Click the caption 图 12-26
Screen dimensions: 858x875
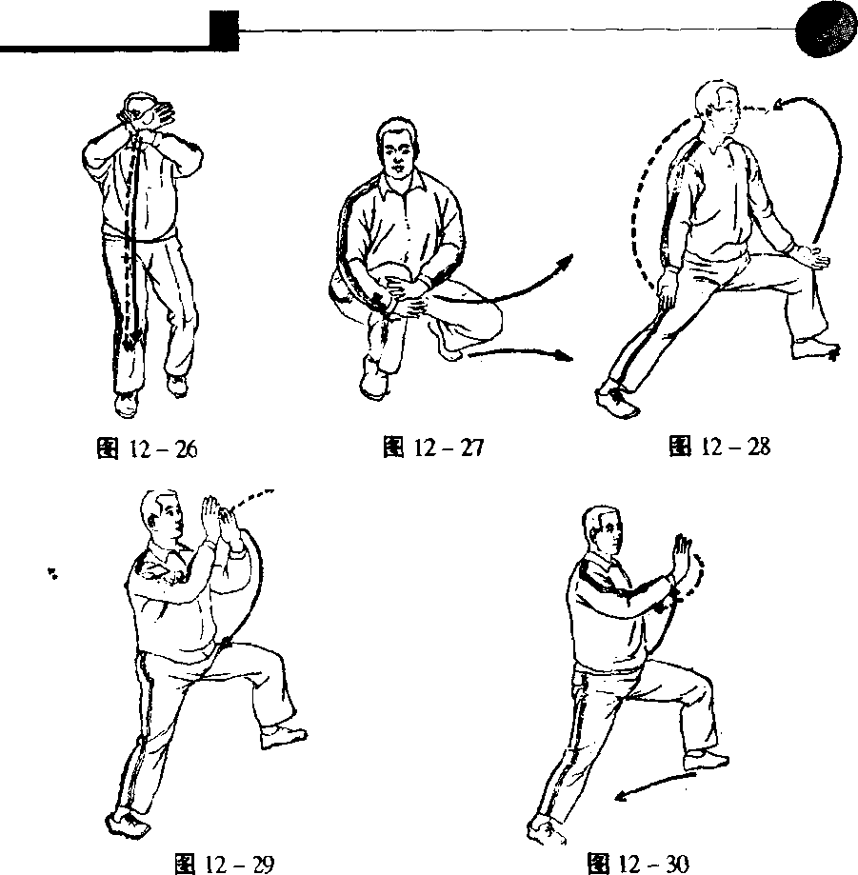(x=147, y=448)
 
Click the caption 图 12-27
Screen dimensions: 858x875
(x=433, y=447)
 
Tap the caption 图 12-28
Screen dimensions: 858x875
(x=720, y=447)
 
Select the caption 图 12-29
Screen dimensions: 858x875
(x=225, y=864)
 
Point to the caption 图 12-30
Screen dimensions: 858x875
(x=638, y=864)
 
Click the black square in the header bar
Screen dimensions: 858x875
(x=225, y=30)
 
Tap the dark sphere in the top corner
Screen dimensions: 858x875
(x=827, y=31)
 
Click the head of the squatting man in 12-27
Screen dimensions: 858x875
(x=397, y=148)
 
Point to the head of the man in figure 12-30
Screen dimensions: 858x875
(x=603, y=530)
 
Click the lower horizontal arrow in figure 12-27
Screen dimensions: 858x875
(x=520, y=353)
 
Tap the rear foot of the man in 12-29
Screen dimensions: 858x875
(x=128, y=821)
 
